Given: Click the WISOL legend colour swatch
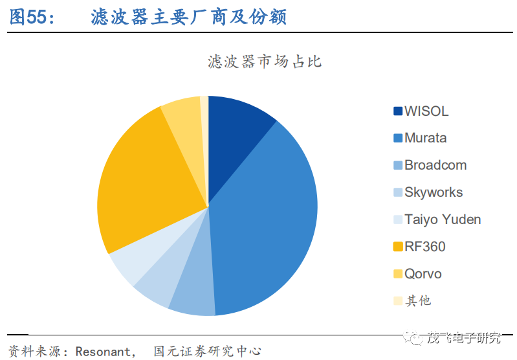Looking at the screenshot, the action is click(398, 111).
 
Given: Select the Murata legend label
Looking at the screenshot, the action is click(425, 138).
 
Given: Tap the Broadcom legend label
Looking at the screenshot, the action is click(435, 165).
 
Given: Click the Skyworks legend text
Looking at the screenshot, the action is click(434, 192).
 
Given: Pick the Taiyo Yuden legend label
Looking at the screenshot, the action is click(443, 219).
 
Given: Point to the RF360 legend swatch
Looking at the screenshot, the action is click(398, 247).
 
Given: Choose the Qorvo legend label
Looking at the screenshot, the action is click(423, 274).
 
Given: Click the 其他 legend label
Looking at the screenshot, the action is click(418, 301).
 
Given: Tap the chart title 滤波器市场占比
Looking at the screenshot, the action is click(265, 62).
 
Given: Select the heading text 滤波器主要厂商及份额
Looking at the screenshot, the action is click(188, 17).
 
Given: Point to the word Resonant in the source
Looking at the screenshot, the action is click(103, 352).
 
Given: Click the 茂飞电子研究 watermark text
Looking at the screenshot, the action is click(464, 337).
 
